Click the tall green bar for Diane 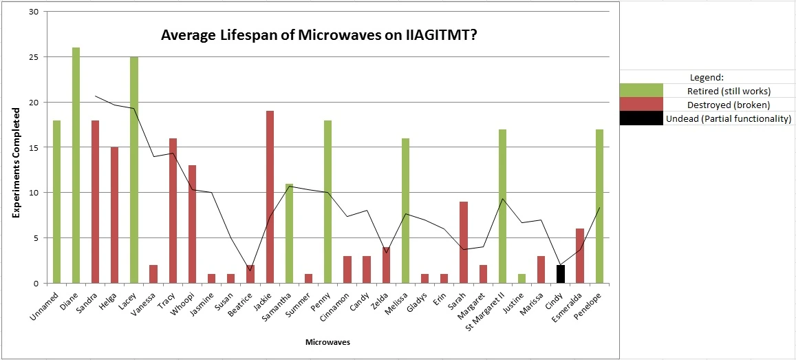[76, 165]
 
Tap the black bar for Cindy [560, 274]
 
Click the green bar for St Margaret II [502, 207]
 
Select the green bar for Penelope [599, 207]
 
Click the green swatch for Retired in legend [641, 91]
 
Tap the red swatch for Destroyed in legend [641, 105]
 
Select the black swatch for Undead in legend [641, 118]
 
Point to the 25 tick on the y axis [34, 57]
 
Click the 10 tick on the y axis [34, 193]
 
